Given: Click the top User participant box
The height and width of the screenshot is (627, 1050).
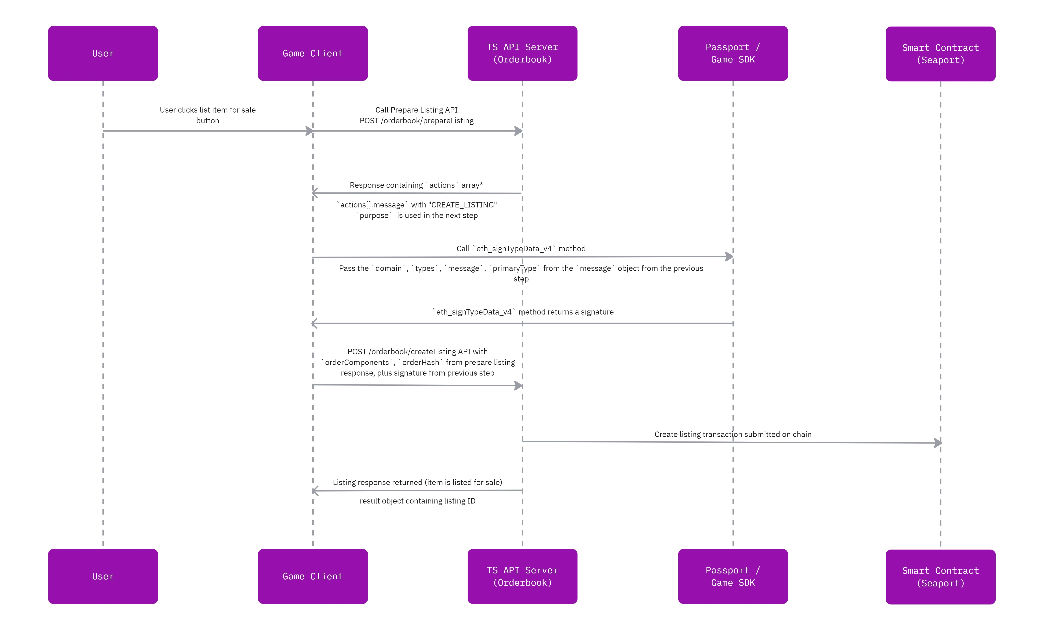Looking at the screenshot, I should pyautogui.click(x=103, y=53).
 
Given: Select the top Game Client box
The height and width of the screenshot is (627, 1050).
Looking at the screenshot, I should pyautogui.click(x=313, y=53).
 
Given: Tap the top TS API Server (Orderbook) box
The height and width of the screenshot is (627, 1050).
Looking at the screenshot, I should pyautogui.click(x=522, y=53).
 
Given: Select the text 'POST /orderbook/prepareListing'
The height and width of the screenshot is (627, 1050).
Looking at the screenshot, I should pyautogui.click(x=417, y=121).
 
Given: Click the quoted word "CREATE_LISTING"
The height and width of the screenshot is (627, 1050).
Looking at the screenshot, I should pyautogui.click(x=462, y=205).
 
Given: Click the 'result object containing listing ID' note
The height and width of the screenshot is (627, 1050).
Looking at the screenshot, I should pyautogui.click(x=417, y=501).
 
